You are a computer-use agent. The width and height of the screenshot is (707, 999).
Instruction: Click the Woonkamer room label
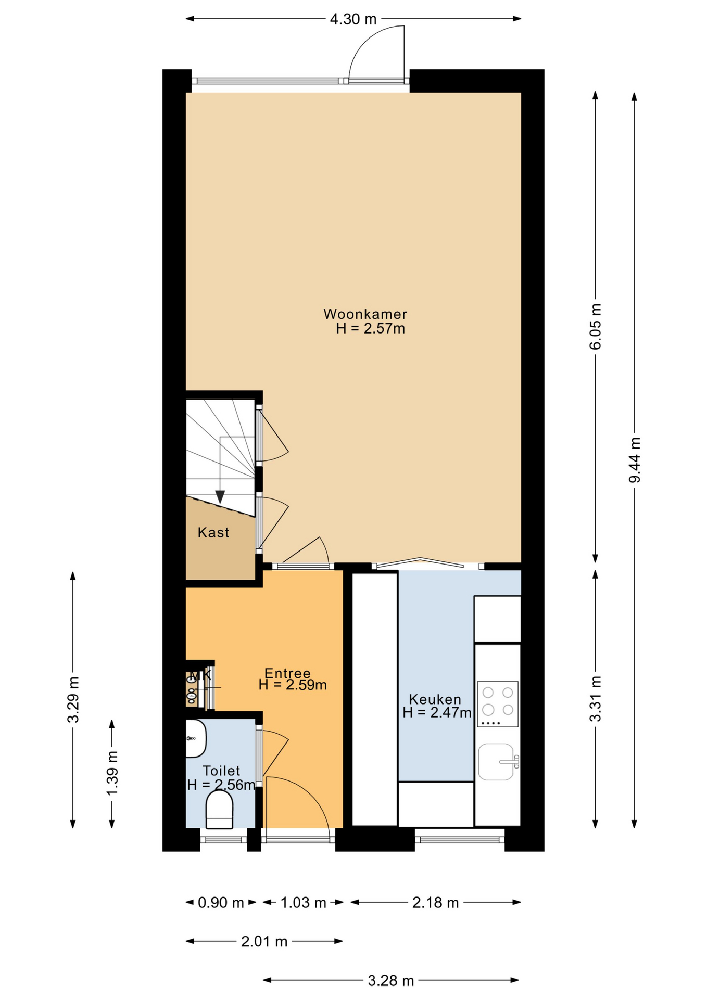(x=365, y=314)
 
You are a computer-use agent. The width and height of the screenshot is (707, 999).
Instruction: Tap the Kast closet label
(x=213, y=532)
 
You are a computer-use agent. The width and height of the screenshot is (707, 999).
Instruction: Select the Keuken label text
(x=435, y=699)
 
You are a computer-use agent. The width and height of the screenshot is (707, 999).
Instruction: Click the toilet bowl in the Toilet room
(x=219, y=810)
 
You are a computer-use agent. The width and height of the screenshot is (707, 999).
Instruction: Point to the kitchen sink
(x=497, y=761)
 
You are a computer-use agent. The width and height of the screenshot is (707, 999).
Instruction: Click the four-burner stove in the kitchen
(x=498, y=704)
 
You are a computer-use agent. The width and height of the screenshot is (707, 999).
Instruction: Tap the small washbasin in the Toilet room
(x=196, y=739)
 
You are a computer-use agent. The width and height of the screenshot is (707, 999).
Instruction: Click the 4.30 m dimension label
(x=353, y=19)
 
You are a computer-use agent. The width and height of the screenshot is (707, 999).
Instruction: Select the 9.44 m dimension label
(x=634, y=460)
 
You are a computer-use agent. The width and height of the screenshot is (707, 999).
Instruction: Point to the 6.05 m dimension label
(x=596, y=327)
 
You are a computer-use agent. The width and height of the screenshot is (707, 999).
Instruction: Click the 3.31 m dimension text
(x=596, y=699)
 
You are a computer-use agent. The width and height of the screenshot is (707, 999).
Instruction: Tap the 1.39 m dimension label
(x=112, y=773)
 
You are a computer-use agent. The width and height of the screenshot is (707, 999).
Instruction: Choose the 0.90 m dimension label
(x=221, y=903)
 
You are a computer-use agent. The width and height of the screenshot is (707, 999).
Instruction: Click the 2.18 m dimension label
(x=435, y=903)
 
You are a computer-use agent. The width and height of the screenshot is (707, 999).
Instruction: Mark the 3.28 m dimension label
(x=391, y=981)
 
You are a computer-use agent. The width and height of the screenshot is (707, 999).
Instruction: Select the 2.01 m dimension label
(x=264, y=941)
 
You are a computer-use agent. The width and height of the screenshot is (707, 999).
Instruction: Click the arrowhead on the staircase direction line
(x=220, y=497)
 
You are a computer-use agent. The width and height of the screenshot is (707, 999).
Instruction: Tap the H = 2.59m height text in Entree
(x=293, y=685)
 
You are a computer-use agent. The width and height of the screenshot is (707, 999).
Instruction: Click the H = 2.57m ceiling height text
(x=370, y=329)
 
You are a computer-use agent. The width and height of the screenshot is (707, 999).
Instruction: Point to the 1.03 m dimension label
(x=303, y=903)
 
